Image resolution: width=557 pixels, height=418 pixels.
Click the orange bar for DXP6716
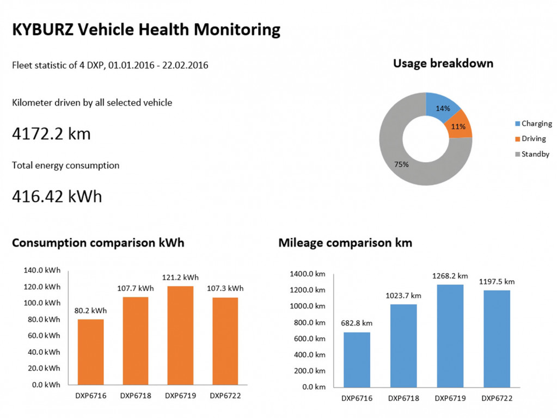90,352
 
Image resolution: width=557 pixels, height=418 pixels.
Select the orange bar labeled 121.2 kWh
180,335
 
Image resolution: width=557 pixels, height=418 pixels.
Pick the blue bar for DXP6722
497,338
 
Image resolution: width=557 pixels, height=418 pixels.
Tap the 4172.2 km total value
51,133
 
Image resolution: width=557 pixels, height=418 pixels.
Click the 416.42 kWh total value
57,196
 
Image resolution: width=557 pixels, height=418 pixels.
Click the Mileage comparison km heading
345,243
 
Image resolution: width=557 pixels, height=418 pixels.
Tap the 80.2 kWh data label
90,311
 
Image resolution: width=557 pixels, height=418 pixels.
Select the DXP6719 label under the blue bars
450,398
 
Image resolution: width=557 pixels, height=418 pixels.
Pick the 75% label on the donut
401,164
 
